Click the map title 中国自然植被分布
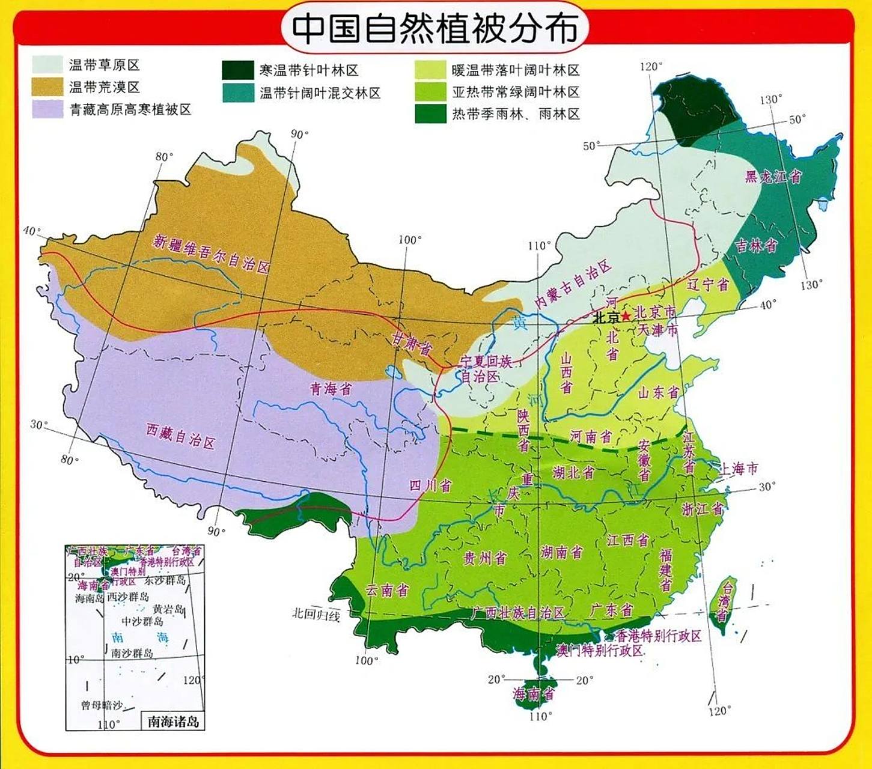click(x=434, y=28)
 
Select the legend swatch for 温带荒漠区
click(x=47, y=87)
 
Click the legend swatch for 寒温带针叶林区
click(x=238, y=70)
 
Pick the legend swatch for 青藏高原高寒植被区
click(x=47, y=109)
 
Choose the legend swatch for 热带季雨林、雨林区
click(x=430, y=114)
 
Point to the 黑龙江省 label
click(x=773, y=176)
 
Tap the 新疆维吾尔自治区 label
click(x=211, y=252)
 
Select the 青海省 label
click(x=331, y=389)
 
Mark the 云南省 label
click(x=388, y=590)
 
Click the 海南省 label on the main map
click(x=533, y=695)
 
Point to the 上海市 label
click(x=739, y=469)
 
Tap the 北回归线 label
click(x=316, y=614)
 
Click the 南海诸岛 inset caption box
click(x=172, y=721)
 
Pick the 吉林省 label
click(x=756, y=246)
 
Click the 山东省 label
click(x=658, y=392)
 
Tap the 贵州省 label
click(x=484, y=559)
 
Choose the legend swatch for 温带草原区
click(x=47, y=64)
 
